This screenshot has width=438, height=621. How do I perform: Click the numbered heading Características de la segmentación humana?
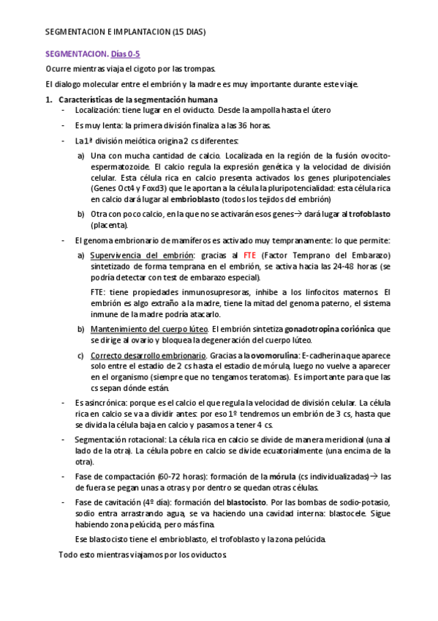tap(137, 99)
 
